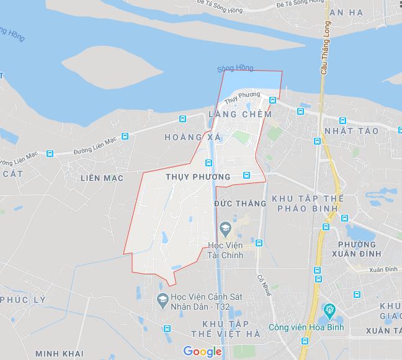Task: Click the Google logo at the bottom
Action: [202, 352]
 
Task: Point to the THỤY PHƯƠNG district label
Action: [199, 177]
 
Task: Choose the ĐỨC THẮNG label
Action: [239, 204]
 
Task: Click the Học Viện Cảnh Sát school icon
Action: [162, 299]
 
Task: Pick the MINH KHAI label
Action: [60, 354]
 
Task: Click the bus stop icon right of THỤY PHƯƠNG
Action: [246, 175]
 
